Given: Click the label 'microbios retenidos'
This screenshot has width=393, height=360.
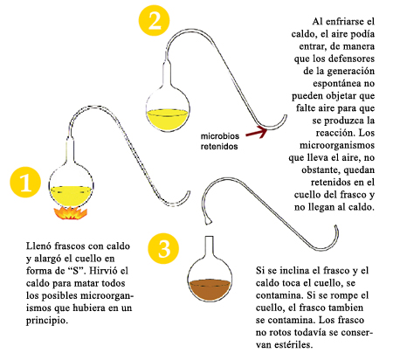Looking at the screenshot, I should coord(220,141).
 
